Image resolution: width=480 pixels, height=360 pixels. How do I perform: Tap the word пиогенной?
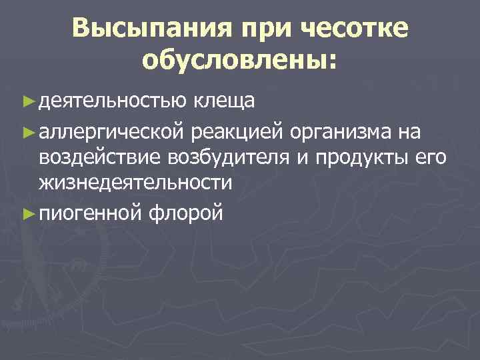(x=90, y=213)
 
